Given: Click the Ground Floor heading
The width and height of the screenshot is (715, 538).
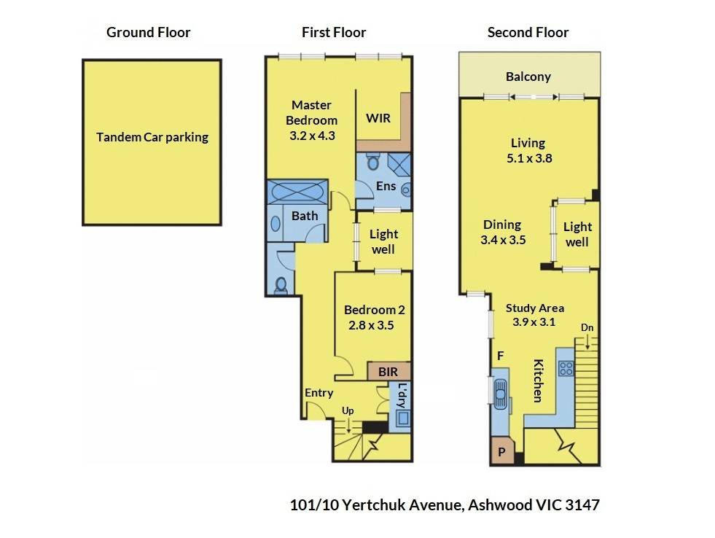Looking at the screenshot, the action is click(x=148, y=32).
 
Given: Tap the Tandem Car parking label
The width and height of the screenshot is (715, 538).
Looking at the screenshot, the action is click(x=152, y=137).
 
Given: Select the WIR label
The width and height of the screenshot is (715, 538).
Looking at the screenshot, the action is click(x=378, y=118).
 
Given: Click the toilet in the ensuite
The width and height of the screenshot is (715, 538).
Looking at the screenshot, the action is click(x=373, y=161).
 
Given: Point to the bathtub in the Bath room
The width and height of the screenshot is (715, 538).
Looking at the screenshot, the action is click(x=297, y=192).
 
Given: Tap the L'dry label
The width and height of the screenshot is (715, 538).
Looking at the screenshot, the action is click(x=402, y=395).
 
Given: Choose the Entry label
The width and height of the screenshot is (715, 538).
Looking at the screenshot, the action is click(x=319, y=392).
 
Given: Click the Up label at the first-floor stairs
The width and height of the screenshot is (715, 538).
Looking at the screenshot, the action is click(x=348, y=411).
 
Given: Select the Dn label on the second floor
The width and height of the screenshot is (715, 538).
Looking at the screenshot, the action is click(x=587, y=327).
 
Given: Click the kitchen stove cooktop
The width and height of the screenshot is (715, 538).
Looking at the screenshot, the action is click(x=566, y=368).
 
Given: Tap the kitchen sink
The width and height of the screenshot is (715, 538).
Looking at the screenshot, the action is click(x=501, y=394).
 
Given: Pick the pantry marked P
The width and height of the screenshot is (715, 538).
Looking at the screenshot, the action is click(x=502, y=451).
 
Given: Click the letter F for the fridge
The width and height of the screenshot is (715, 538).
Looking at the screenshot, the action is click(x=500, y=356).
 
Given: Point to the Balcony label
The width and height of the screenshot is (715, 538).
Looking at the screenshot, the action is click(x=528, y=77).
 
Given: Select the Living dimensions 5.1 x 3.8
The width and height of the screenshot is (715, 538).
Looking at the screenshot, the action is click(x=529, y=158).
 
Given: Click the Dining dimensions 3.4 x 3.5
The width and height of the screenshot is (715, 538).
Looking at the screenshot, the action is click(x=503, y=240).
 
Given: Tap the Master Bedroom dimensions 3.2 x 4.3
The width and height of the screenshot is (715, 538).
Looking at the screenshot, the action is click(x=313, y=136).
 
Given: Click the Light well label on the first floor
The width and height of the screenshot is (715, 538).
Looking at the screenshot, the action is click(x=383, y=241).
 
